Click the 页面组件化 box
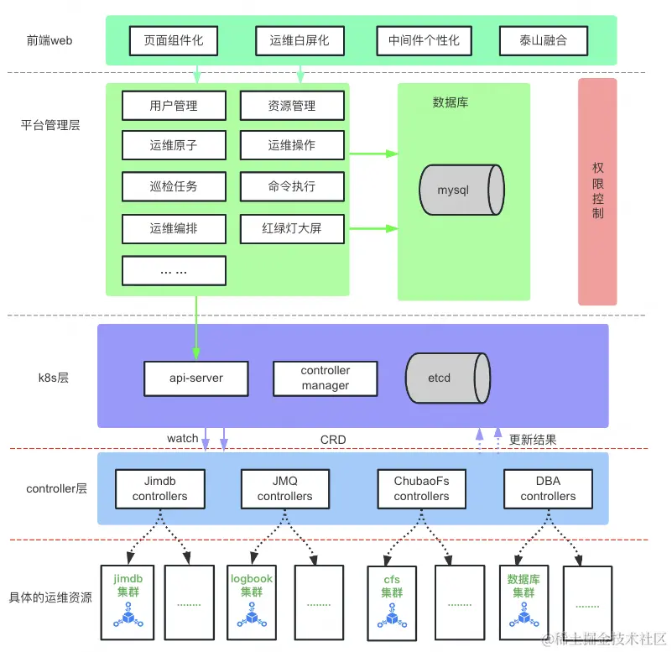(x=174, y=40)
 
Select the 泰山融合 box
(x=544, y=40)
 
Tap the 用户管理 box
(x=174, y=106)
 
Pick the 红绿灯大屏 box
(x=292, y=227)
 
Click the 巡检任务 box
(x=174, y=186)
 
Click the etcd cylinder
(x=447, y=378)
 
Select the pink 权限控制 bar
(x=597, y=191)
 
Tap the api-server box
(x=196, y=378)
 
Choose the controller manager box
(x=325, y=378)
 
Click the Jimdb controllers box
(x=159, y=488)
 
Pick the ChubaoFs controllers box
(x=421, y=488)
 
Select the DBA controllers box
(x=548, y=488)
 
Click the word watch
(x=182, y=438)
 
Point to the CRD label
(x=333, y=439)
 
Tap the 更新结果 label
(x=533, y=439)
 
